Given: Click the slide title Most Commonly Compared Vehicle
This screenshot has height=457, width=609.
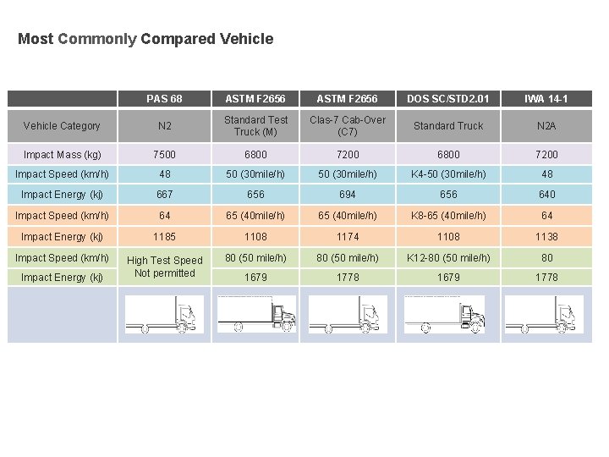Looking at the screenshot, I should (x=145, y=39).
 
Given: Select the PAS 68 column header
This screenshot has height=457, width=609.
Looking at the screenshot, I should (x=164, y=99).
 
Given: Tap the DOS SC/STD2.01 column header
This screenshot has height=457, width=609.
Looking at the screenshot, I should (x=448, y=99).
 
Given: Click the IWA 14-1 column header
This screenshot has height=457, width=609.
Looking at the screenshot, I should (x=546, y=99).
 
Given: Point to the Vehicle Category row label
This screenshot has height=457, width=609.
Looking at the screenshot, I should (x=62, y=126).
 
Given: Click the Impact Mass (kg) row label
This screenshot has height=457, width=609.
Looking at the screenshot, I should (x=62, y=155).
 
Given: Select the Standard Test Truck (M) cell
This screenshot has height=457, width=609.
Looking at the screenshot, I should (x=255, y=126).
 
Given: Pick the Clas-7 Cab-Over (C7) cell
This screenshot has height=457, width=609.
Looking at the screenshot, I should (x=347, y=126).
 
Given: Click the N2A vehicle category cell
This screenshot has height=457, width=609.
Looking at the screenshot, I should (x=546, y=126).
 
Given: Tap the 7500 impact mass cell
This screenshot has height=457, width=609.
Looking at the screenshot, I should (x=164, y=155).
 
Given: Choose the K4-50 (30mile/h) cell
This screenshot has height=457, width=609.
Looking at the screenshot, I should (x=448, y=174).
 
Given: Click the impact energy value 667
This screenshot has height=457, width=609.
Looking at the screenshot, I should (x=164, y=195).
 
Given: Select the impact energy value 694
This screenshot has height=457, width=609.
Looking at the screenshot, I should (x=347, y=195).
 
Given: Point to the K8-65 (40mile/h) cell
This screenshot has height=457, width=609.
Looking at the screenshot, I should (x=448, y=216).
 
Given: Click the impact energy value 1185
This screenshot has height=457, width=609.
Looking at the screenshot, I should (x=164, y=237).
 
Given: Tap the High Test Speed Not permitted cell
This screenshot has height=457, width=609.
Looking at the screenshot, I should (x=164, y=267).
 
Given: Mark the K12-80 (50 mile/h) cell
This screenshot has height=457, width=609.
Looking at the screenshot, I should (x=448, y=257).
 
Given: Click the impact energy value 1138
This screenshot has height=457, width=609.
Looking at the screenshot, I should (x=546, y=237).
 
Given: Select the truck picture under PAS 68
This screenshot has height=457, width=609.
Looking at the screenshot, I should (x=164, y=314).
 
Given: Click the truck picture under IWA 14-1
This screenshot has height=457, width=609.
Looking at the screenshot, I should (x=546, y=314).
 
